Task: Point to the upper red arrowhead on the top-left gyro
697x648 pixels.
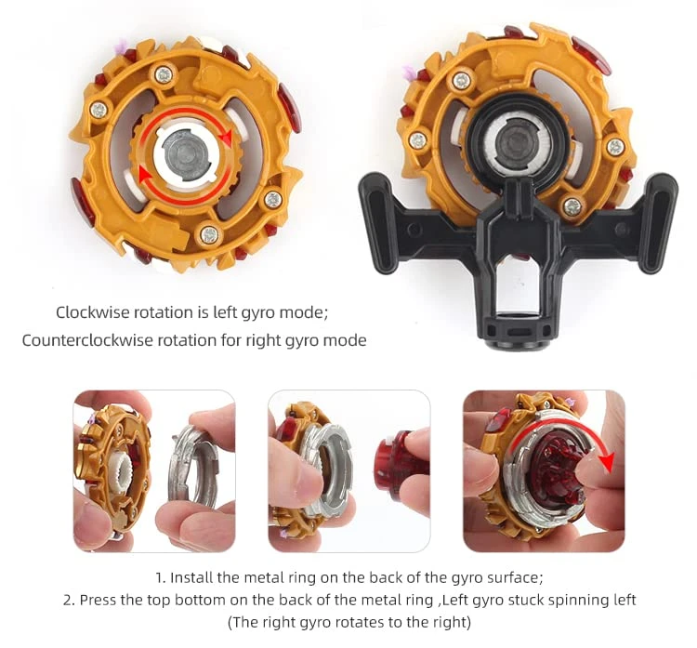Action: [x=226, y=138]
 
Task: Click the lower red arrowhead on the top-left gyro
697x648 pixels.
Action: [x=144, y=174]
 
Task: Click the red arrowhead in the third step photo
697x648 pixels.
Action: [x=606, y=463]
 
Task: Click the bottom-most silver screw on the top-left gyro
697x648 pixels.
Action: [x=209, y=233]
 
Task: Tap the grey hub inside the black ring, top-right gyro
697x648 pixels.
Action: [x=518, y=143]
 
